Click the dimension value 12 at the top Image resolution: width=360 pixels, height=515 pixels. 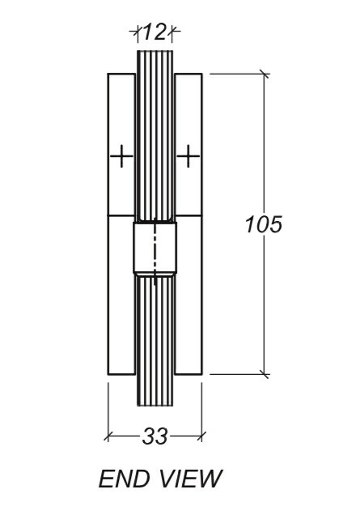(154, 32)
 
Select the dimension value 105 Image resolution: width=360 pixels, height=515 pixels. (264, 224)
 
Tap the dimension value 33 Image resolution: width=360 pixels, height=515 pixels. (155, 436)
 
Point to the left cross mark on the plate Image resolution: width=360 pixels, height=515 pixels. (121, 155)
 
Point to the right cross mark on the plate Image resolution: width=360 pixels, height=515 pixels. (188, 155)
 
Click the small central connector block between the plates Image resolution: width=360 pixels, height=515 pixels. (155, 251)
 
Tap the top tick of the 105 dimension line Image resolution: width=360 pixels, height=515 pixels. (264, 74)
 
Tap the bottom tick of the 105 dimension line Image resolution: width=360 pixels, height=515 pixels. (264, 374)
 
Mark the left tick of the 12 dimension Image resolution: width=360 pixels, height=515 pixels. (136, 32)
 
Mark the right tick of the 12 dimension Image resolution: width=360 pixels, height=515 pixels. (173, 32)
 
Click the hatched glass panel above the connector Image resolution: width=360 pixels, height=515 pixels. (155, 138)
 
